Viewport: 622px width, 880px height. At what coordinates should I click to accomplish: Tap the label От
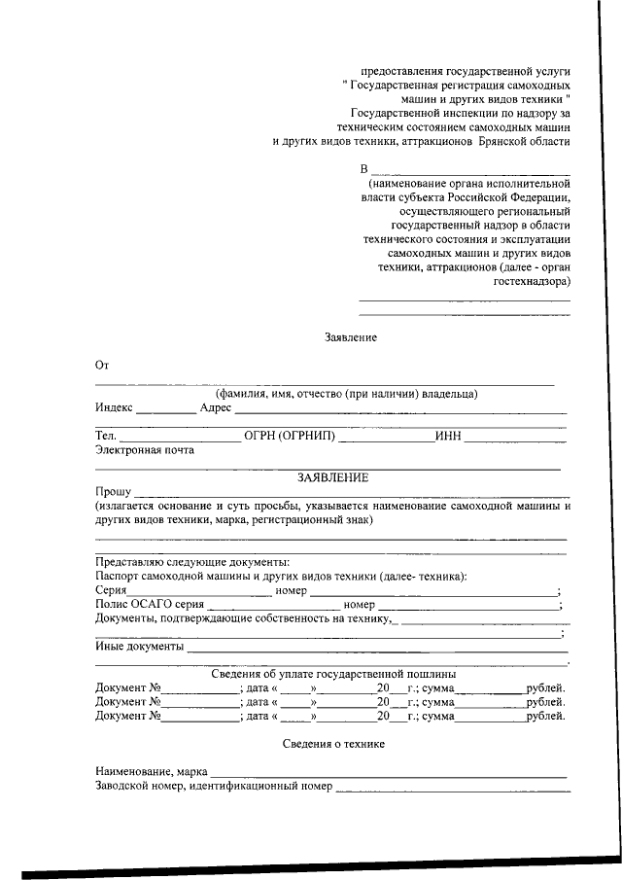[102, 366]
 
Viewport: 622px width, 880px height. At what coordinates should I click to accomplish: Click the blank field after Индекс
[165, 408]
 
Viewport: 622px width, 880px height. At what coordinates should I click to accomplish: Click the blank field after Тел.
[180, 436]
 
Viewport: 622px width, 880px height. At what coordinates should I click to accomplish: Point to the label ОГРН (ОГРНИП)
[290, 436]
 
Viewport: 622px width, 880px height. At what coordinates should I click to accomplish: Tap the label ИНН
[448, 436]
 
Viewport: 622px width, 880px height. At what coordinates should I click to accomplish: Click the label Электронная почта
[145, 450]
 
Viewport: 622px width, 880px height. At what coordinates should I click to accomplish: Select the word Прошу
[113, 492]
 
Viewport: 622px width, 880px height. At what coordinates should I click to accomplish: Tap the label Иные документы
[140, 646]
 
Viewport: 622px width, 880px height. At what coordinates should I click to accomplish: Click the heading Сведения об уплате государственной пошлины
[334, 674]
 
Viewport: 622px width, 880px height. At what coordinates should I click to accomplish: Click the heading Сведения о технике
[334, 743]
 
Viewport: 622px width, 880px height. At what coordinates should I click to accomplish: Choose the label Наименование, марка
[151, 771]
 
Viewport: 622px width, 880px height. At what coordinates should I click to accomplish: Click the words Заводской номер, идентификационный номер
[214, 786]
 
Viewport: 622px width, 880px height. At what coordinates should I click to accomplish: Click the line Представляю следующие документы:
[192, 562]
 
